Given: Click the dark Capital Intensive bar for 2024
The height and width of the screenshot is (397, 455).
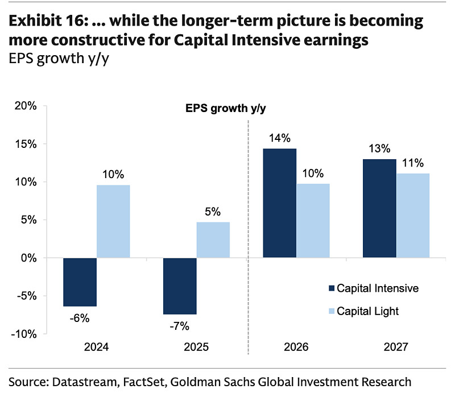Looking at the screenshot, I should pos(80,282).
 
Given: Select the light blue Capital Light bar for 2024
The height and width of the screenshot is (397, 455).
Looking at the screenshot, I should pos(113,222).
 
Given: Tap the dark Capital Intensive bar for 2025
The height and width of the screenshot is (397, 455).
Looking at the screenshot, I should pos(180,286).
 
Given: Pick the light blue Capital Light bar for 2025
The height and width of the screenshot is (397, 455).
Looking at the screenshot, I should pos(213,240).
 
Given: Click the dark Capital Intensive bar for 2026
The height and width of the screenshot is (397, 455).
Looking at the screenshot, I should pos(279,204).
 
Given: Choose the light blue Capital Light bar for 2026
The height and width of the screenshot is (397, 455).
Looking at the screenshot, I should pos(313,221).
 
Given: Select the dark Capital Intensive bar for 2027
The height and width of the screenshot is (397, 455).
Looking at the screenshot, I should pos(380,209).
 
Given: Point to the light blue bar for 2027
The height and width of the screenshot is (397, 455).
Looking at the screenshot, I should pos(413,216).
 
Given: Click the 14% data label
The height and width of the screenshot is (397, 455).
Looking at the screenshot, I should pos(280,138).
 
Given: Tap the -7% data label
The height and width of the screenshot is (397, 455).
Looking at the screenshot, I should pos(180,326).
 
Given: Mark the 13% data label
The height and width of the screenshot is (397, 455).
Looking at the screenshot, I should pos(380,149).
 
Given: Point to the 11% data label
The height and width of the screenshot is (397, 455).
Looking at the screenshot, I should pos(413,163).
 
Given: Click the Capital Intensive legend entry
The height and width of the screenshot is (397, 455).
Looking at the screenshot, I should pos(377,288).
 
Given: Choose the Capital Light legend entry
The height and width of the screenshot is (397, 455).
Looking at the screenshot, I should pos(367,311).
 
